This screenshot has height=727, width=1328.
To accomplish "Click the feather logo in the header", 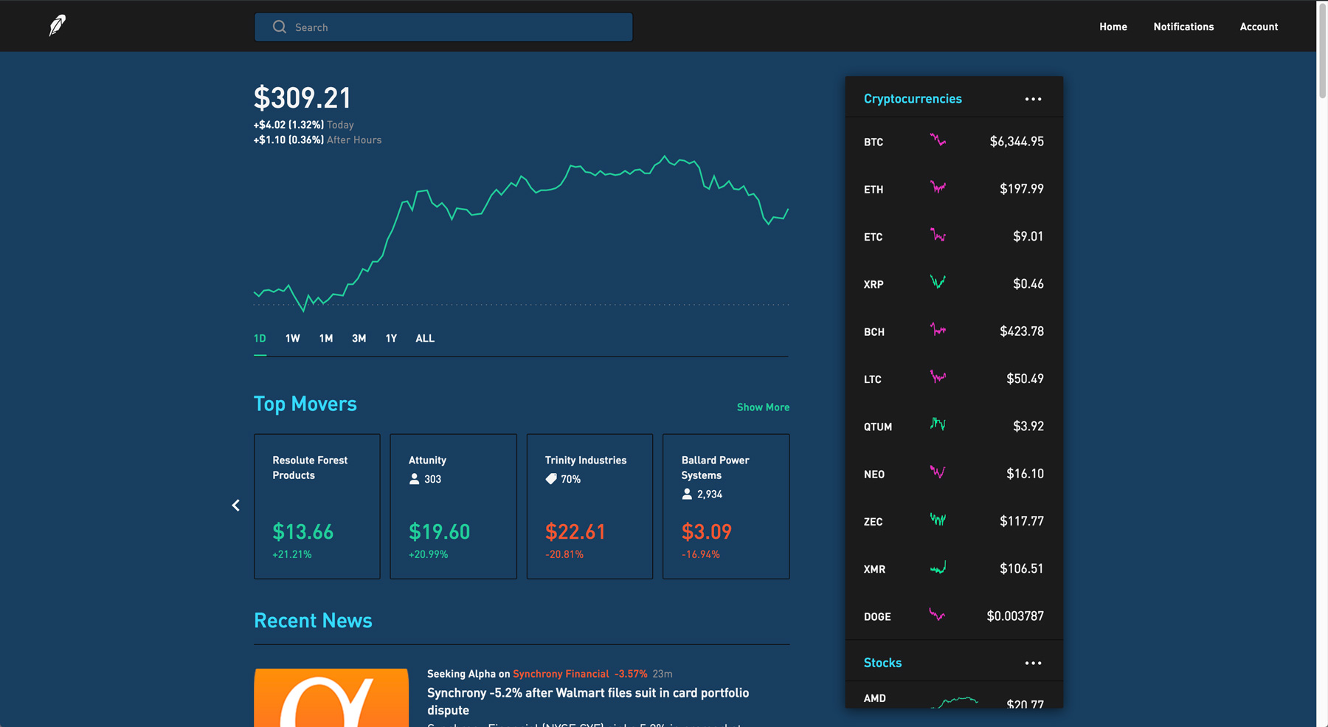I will (x=57, y=25).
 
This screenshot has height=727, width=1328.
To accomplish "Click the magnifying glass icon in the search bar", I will (x=279, y=27).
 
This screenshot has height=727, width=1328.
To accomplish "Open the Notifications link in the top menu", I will (x=1183, y=27).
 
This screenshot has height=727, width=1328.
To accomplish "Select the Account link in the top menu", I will (x=1259, y=27).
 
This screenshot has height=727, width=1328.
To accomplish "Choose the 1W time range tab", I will (x=292, y=338).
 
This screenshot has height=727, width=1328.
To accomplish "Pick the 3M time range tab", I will (x=359, y=338).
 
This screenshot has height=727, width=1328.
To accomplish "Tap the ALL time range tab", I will (x=425, y=338).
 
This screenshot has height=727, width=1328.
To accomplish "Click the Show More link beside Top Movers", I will (x=763, y=407).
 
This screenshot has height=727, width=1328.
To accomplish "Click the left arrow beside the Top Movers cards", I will (x=235, y=506).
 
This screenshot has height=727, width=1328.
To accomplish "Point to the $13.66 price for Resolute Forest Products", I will (x=302, y=531).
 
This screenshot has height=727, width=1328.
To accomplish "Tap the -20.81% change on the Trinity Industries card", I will (x=564, y=554).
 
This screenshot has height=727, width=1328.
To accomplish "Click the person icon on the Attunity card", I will (x=414, y=479).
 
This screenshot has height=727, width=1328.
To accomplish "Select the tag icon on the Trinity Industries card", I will (x=550, y=479).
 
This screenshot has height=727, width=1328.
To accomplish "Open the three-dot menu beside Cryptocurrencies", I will (x=1033, y=99).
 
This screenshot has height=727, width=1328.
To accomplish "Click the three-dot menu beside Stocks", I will (x=1033, y=663).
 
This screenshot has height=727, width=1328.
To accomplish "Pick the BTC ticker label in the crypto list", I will (x=874, y=142).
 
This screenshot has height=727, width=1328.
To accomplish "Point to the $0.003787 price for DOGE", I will (x=1015, y=616).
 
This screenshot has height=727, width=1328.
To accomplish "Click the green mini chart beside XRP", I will (x=938, y=282).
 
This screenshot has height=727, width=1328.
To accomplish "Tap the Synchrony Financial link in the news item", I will (x=561, y=674).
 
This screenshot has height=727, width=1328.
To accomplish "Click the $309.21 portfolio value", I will (x=302, y=97).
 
